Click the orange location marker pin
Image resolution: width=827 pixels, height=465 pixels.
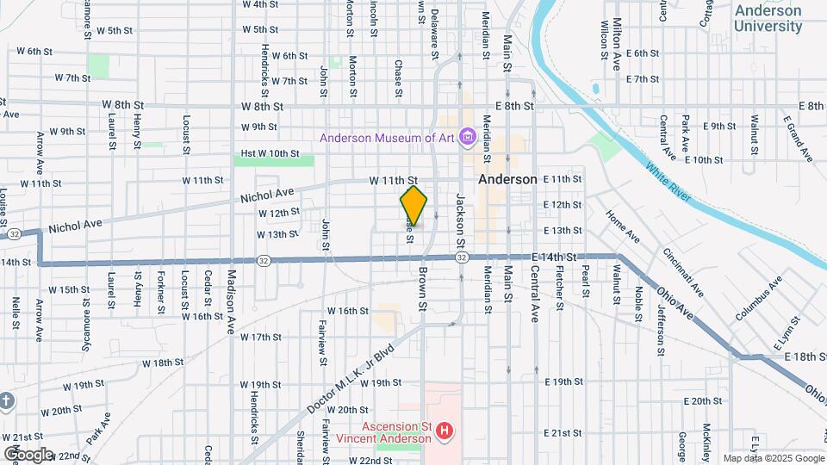[x=413, y=205]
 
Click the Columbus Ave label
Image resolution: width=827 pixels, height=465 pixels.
[x=758, y=299]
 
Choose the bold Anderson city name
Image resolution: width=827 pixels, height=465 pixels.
[x=507, y=179]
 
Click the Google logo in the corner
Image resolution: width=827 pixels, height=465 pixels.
[x=28, y=454]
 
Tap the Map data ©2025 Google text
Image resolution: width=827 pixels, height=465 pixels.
[x=772, y=458]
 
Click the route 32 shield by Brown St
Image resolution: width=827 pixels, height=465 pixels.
[x=462, y=257]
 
